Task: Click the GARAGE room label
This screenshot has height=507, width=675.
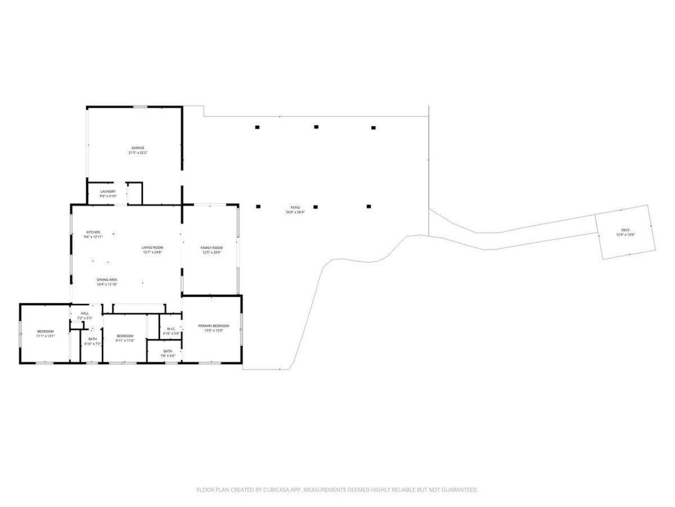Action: pos(138,148)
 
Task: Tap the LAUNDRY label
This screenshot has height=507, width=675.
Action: pos(108,191)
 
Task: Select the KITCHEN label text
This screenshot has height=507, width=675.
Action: pos(93,232)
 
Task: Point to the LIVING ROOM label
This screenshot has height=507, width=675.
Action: pos(152,247)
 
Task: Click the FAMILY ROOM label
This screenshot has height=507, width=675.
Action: pos(211,248)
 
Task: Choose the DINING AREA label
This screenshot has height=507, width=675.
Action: pos(107,279)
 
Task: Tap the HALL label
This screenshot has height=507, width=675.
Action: pos(85,313)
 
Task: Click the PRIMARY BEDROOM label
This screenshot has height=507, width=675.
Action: pos(214,326)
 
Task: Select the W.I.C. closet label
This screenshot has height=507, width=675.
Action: pos(171,328)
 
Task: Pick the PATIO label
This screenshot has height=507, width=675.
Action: pos(295,208)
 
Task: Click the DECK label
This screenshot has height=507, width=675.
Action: pos(625,230)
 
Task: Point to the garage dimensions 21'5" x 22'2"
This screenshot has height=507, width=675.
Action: pos(138,153)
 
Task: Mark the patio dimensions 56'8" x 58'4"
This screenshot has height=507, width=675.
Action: pos(295,212)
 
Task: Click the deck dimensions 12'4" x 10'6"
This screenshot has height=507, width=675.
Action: pos(625,234)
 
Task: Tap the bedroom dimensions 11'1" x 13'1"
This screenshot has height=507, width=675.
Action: pos(45,336)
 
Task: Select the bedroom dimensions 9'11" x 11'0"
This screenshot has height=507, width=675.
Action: pos(125,341)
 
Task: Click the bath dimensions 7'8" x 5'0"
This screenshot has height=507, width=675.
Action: pos(168,356)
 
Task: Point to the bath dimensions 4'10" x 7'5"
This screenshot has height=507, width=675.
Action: pos(92,344)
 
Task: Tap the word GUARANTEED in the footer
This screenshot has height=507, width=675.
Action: pos(460,490)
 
